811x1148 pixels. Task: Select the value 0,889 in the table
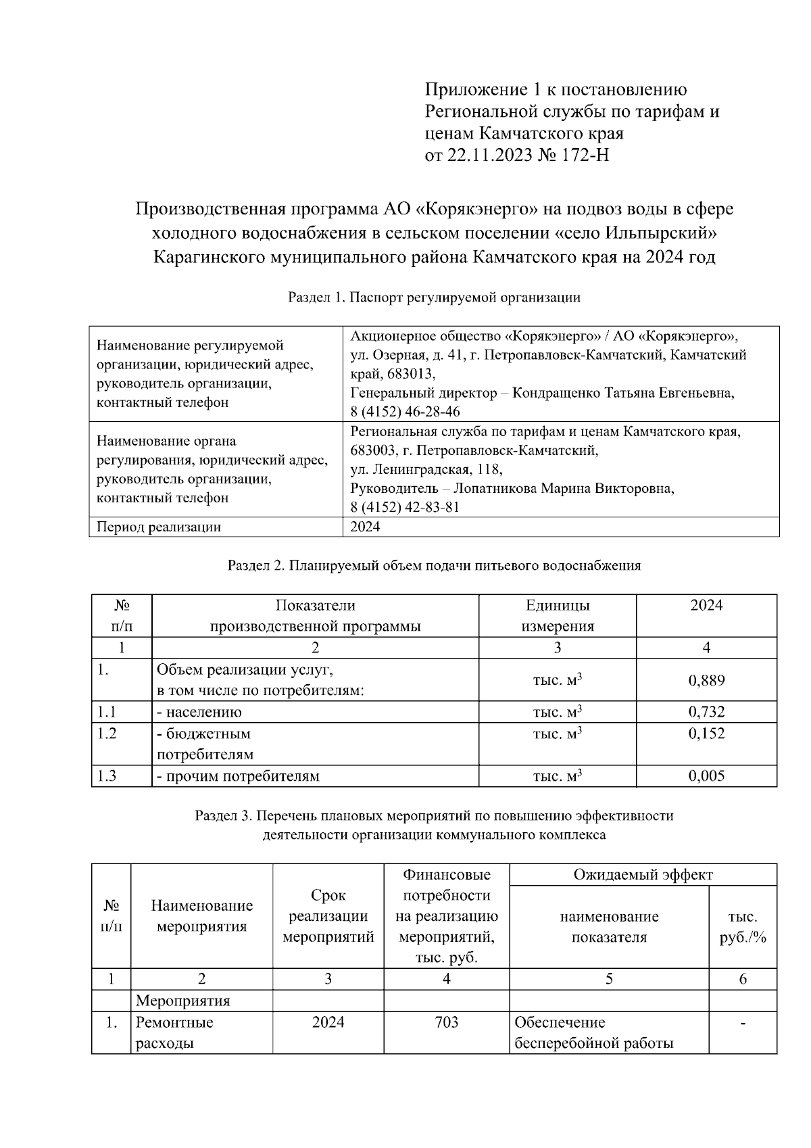coord(706,680)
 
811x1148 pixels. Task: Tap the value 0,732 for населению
coord(706,712)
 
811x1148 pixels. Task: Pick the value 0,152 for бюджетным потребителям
coord(706,734)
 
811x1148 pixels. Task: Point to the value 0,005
coord(706,776)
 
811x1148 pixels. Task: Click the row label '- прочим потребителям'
coord(238,776)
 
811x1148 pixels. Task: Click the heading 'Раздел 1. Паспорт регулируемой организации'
coord(434,297)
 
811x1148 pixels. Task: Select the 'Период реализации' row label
coord(159,527)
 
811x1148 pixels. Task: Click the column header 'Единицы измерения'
coord(557,615)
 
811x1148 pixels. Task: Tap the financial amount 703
coord(446,1022)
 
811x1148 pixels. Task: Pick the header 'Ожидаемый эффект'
coord(643,875)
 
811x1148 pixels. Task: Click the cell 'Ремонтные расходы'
coord(174,1032)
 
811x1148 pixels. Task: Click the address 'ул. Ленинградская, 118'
coord(426,469)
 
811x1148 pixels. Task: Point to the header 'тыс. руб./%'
coord(742,928)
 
